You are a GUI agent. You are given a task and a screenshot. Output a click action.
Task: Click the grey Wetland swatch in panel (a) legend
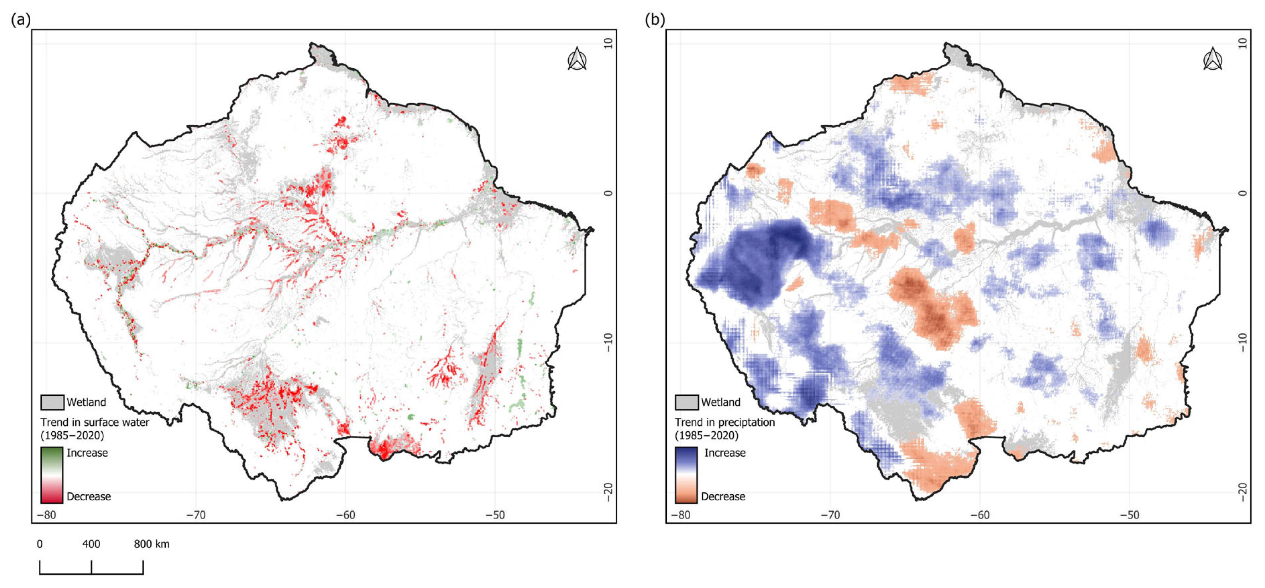[52, 402]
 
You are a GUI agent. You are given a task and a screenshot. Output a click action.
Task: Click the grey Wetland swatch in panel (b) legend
[687, 402]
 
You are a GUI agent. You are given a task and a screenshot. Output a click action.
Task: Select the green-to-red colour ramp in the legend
[52, 475]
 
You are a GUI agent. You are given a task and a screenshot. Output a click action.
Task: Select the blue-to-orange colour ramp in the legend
[686, 475]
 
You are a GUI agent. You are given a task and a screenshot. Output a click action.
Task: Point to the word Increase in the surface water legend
[87, 453]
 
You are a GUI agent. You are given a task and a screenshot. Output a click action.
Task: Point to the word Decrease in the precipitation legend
[723, 496]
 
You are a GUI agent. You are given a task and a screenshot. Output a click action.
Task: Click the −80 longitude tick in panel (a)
[46, 515]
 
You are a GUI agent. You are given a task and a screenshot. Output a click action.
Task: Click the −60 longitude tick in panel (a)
[345, 515]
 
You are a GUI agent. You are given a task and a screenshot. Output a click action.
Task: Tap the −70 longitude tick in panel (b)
[830, 515]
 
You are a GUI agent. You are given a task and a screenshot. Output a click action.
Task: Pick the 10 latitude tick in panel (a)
[608, 43]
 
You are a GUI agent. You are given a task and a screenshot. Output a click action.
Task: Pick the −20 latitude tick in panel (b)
[1243, 491]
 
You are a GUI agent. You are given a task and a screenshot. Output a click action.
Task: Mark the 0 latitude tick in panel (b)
[1243, 193]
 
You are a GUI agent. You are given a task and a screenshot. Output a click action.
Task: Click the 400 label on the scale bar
[91, 544]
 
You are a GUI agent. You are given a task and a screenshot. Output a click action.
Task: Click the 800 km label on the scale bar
[152, 544]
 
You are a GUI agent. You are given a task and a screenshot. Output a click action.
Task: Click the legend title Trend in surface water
[95, 422]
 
